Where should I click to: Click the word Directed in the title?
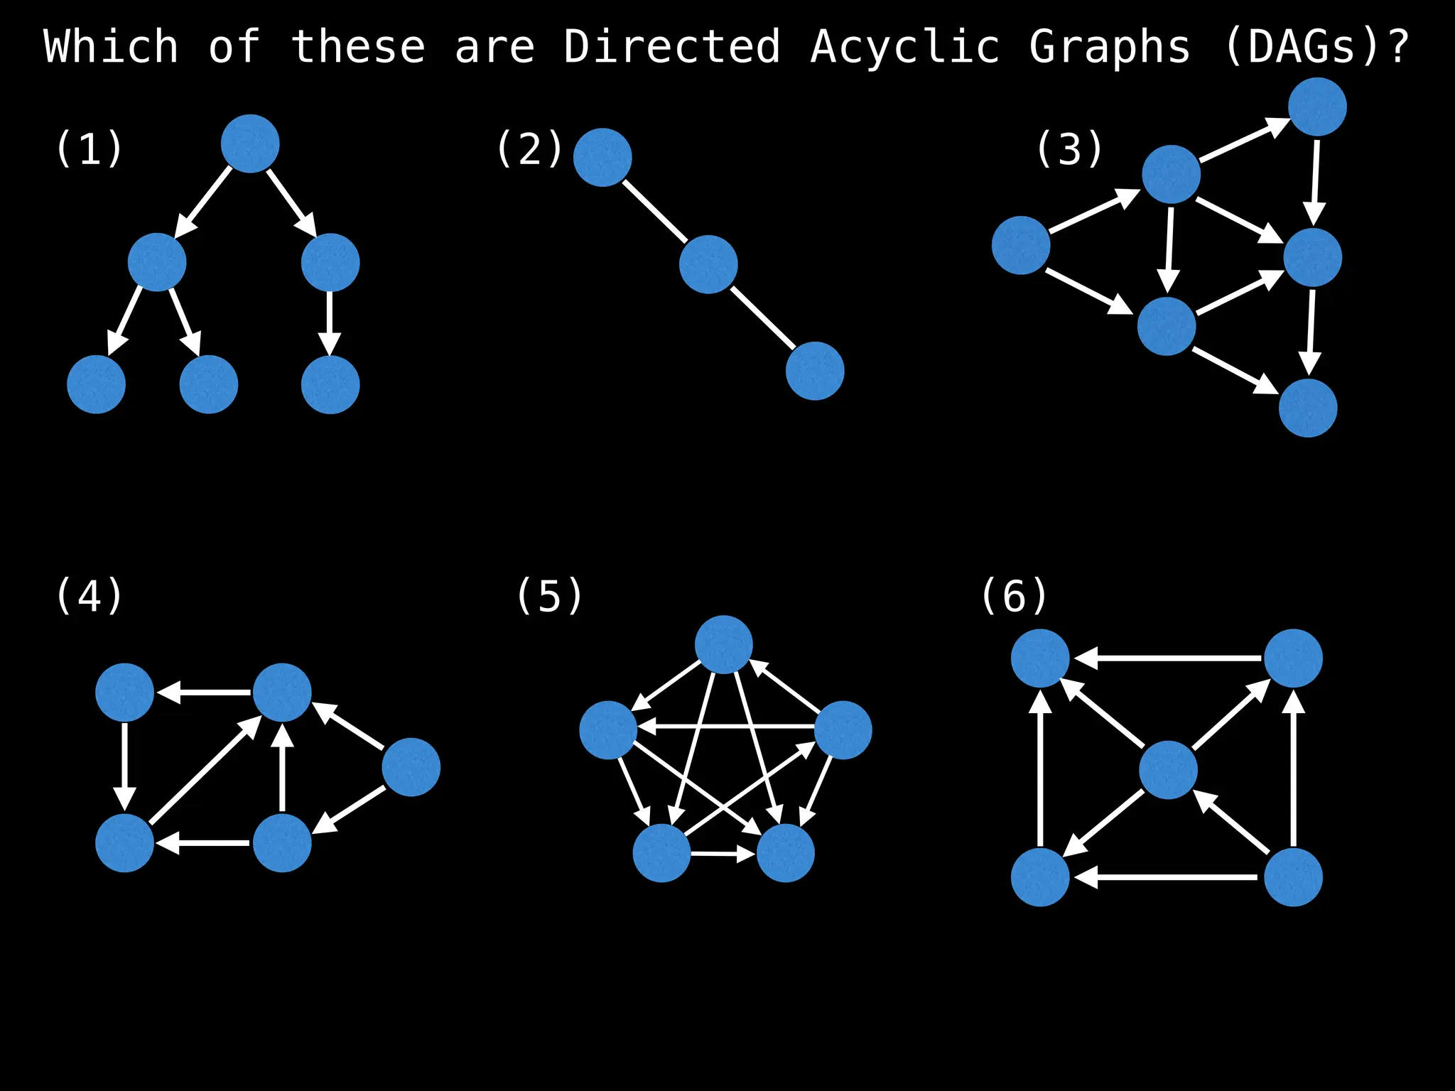tap(671, 47)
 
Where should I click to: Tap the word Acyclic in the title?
tap(904, 47)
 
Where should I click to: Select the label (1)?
tap(90, 149)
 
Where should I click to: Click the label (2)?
tap(530, 149)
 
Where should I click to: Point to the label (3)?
tap(1069, 149)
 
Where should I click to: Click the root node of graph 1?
tap(250, 143)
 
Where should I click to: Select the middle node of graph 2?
tap(708, 264)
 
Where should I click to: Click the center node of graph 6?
tap(1168, 770)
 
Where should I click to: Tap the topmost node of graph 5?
tap(723, 644)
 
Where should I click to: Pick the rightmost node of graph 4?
tap(411, 767)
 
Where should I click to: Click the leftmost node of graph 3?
tap(1021, 245)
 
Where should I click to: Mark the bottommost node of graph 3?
tap(1308, 408)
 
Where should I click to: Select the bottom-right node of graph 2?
tap(815, 371)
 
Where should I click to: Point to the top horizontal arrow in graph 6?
tap(1167, 658)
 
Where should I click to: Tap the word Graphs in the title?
tap(1109, 47)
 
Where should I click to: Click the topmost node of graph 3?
tap(1317, 107)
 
